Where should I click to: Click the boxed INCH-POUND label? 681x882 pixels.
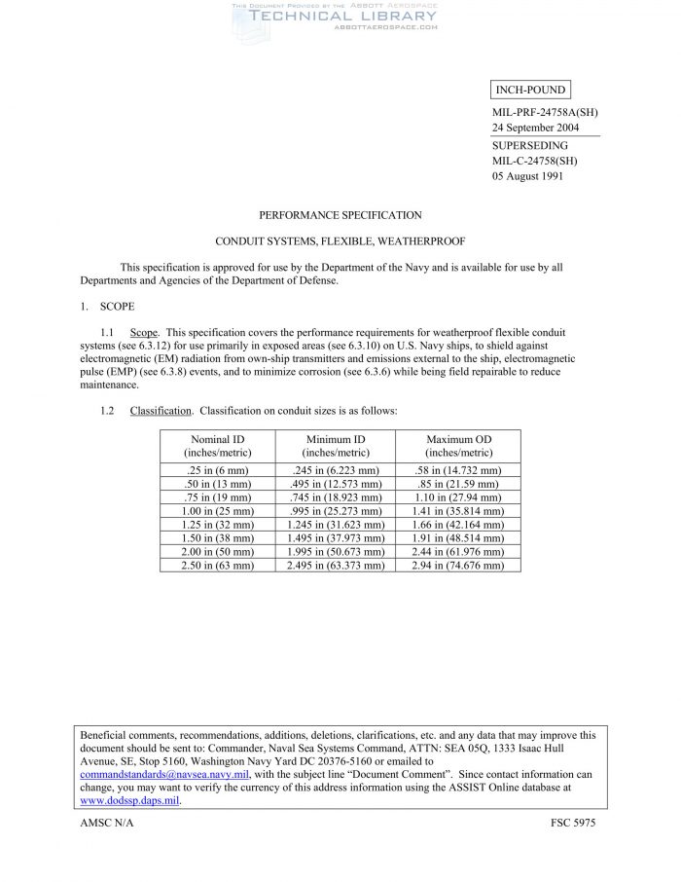point(530,91)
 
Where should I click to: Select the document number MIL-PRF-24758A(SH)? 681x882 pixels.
point(545,113)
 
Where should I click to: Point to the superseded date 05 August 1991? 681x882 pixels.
point(526,176)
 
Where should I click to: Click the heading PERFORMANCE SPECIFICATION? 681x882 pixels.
point(340,215)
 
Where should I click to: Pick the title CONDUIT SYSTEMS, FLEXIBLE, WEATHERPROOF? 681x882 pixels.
point(340,240)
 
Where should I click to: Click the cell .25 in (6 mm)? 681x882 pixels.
point(218,470)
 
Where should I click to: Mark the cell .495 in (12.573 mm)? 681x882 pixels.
point(336,484)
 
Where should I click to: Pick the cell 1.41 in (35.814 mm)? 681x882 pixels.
point(458,511)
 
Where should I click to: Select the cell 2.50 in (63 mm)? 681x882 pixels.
point(218,566)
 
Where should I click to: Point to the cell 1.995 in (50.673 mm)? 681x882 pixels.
point(336,552)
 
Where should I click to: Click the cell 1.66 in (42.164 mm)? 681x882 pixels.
point(458,525)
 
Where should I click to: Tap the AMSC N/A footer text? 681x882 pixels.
point(107,824)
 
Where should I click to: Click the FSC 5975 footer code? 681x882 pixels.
point(573,824)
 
